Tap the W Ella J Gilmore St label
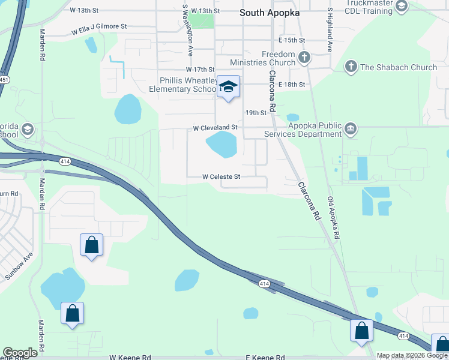point(99,27)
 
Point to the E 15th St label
point(292,40)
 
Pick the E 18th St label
point(292,85)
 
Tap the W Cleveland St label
point(215,128)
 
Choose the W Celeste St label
point(221,177)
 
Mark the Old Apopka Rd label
point(333,218)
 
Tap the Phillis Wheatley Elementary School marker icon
point(228,87)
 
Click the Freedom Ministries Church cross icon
point(304,58)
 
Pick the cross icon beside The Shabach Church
point(351,67)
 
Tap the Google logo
point(20,353)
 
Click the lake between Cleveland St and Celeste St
point(221,145)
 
